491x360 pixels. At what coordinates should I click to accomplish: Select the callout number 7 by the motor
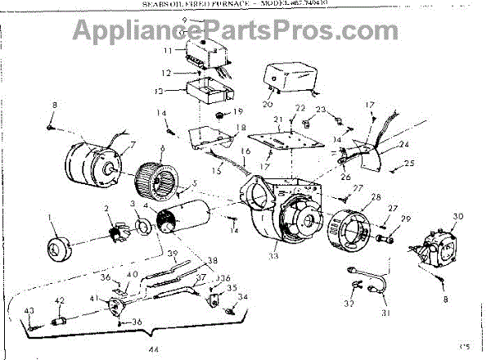click(x=125, y=146)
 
